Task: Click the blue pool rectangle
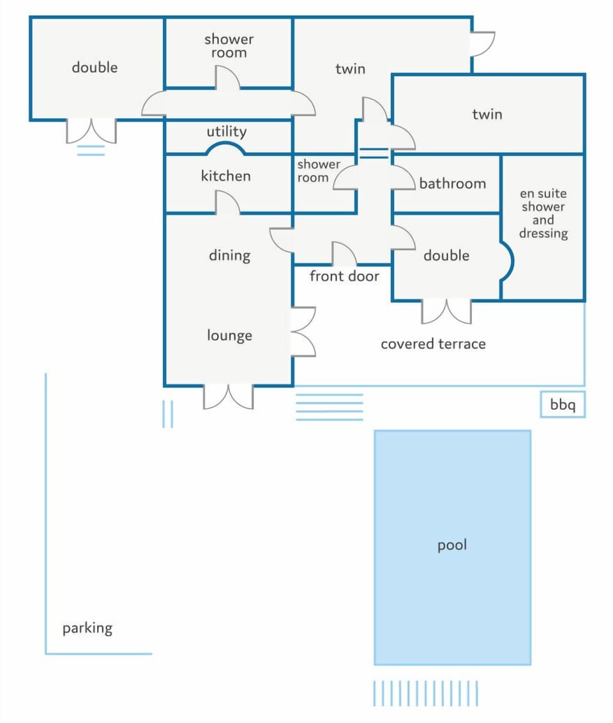click(452, 547)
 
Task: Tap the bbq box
click(563, 404)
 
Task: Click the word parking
click(87, 628)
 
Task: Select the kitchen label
click(226, 176)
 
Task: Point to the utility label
click(226, 132)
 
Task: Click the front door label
click(344, 276)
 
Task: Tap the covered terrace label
click(433, 344)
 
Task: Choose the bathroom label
click(453, 183)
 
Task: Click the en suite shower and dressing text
click(543, 213)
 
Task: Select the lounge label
click(229, 335)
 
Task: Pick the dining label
click(229, 255)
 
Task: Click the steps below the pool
click(425, 693)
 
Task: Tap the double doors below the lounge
click(228, 397)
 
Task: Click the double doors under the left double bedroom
click(91, 132)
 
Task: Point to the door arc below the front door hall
click(344, 253)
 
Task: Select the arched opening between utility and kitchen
click(225, 148)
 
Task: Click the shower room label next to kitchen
click(319, 171)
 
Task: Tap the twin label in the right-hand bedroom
click(487, 114)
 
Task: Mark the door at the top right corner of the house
click(483, 44)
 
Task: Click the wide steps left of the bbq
click(329, 407)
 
